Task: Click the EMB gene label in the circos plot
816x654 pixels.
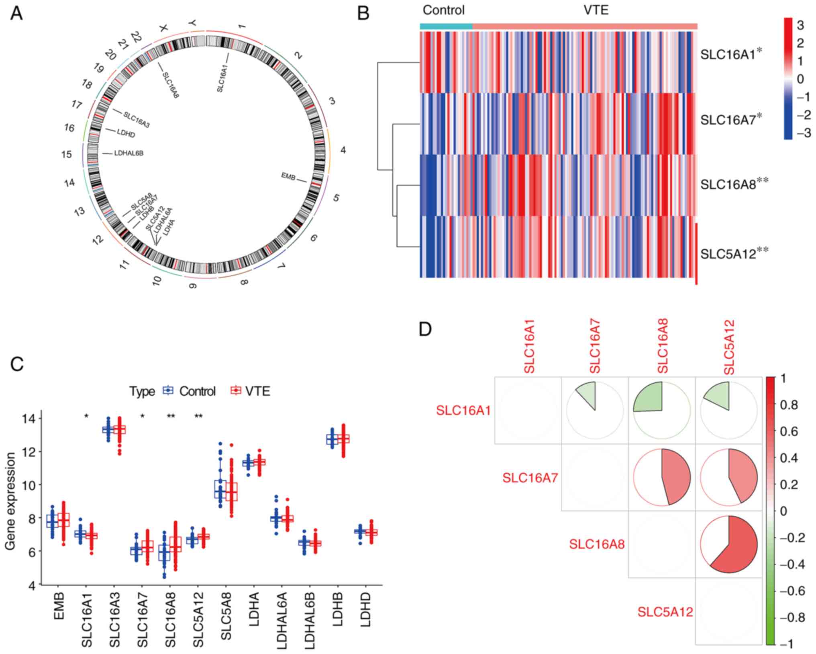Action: [288, 176]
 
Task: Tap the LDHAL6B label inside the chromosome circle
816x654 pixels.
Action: [129, 153]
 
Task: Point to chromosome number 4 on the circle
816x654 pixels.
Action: [343, 150]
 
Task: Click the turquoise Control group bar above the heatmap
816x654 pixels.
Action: [446, 26]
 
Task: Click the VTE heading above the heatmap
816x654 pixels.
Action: [596, 10]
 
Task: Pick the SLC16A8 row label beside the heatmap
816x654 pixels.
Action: [728, 184]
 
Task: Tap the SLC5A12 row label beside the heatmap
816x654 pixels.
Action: [728, 254]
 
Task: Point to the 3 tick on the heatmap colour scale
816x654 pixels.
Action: [800, 26]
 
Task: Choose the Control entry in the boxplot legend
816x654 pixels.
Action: [197, 391]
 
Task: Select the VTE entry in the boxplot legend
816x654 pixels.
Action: [257, 391]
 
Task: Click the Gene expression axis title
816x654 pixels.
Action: [11, 501]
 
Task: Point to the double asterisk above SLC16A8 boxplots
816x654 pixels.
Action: [171, 417]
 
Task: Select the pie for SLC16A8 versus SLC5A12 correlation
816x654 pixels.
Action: [728, 544]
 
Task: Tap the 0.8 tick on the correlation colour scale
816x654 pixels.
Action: [791, 405]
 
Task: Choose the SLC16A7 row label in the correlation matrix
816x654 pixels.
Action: [530, 478]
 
